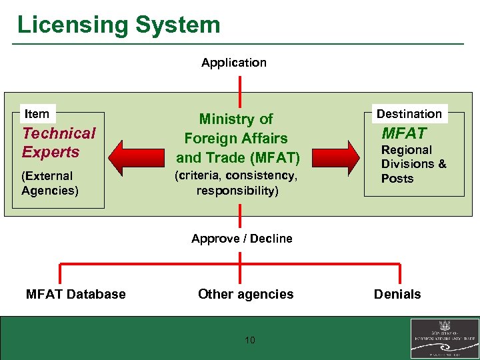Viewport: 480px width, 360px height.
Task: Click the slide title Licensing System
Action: (x=118, y=25)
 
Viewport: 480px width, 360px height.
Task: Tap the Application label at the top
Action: (x=234, y=63)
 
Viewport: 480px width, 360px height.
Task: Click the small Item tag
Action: (x=37, y=114)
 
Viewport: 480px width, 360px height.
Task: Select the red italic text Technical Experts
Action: (x=59, y=143)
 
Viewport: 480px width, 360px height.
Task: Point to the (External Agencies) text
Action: (x=49, y=183)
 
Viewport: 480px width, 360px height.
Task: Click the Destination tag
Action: (x=409, y=114)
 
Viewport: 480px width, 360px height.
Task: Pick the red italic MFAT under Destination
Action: (x=403, y=133)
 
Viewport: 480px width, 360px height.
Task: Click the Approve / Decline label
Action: (x=241, y=239)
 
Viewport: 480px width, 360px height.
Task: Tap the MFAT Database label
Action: (x=75, y=294)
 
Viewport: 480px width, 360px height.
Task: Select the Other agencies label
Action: (x=245, y=294)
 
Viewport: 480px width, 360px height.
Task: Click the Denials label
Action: (x=397, y=294)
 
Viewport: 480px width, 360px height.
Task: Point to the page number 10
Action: (x=250, y=341)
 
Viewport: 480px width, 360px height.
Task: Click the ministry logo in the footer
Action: (x=443, y=339)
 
